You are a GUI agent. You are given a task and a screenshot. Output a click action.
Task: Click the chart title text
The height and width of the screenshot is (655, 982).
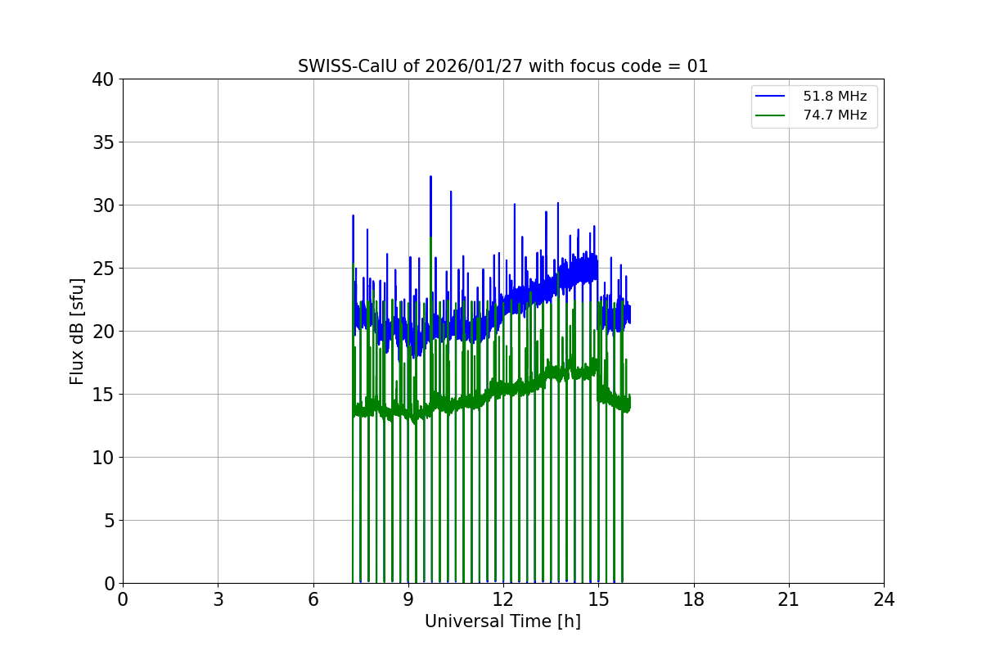[502, 66]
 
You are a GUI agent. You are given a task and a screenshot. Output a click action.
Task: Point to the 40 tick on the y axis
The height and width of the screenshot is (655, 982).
[103, 79]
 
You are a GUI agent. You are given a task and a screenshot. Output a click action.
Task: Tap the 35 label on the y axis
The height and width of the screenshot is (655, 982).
[103, 142]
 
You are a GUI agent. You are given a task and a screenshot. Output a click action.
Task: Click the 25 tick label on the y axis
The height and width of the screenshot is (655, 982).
[103, 269]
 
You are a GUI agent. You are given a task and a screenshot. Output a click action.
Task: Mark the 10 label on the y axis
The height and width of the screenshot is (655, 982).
[103, 458]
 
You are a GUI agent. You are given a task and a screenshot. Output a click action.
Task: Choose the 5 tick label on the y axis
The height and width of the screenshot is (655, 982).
[108, 521]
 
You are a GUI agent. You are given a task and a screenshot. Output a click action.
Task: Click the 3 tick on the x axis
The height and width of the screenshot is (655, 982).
[218, 600]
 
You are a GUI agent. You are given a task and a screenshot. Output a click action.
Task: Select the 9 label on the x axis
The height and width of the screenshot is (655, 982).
[408, 600]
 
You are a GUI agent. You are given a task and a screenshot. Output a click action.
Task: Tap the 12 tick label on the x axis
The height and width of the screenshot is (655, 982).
[503, 600]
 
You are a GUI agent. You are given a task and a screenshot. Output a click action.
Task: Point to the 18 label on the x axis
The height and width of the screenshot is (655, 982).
[694, 600]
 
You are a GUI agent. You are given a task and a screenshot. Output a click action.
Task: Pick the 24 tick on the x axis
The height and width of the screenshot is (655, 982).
[884, 600]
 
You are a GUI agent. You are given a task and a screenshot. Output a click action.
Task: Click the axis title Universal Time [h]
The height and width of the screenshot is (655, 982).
[502, 622]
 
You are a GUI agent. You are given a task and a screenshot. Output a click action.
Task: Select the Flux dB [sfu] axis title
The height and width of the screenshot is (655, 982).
[77, 332]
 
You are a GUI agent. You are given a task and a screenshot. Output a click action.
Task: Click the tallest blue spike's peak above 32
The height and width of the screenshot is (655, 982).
[430, 176]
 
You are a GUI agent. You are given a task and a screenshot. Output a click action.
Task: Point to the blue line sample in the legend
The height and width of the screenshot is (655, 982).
[770, 97]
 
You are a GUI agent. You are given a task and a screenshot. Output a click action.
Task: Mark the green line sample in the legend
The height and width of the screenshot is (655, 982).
[770, 115]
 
